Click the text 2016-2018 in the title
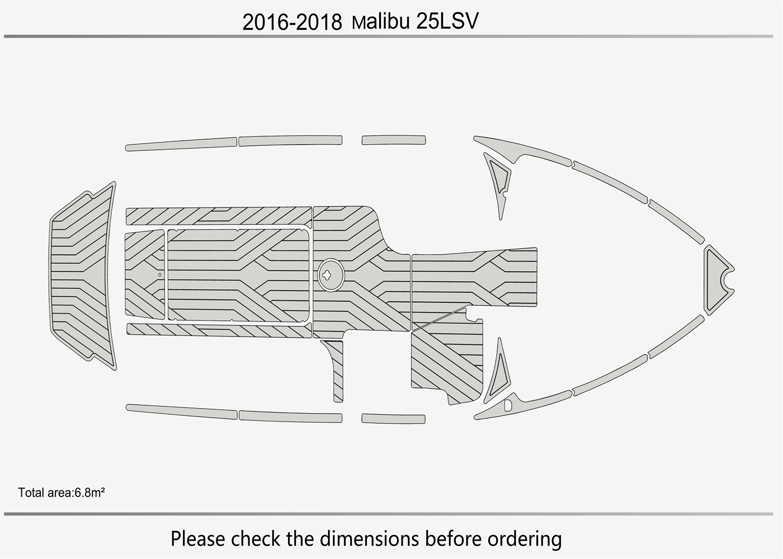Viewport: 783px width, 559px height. [291, 22]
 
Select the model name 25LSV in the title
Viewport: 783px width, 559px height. [447, 21]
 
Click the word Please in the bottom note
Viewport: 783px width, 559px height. [198, 539]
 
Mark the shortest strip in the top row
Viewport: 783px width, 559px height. [393, 140]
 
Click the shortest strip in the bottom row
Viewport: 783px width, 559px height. [393, 418]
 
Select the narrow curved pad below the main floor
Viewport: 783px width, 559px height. [335, 369]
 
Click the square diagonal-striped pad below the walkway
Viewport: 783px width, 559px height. [446, 358]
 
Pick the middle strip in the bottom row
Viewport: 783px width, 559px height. [290, 416]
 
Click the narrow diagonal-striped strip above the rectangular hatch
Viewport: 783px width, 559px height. [218, 216]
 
